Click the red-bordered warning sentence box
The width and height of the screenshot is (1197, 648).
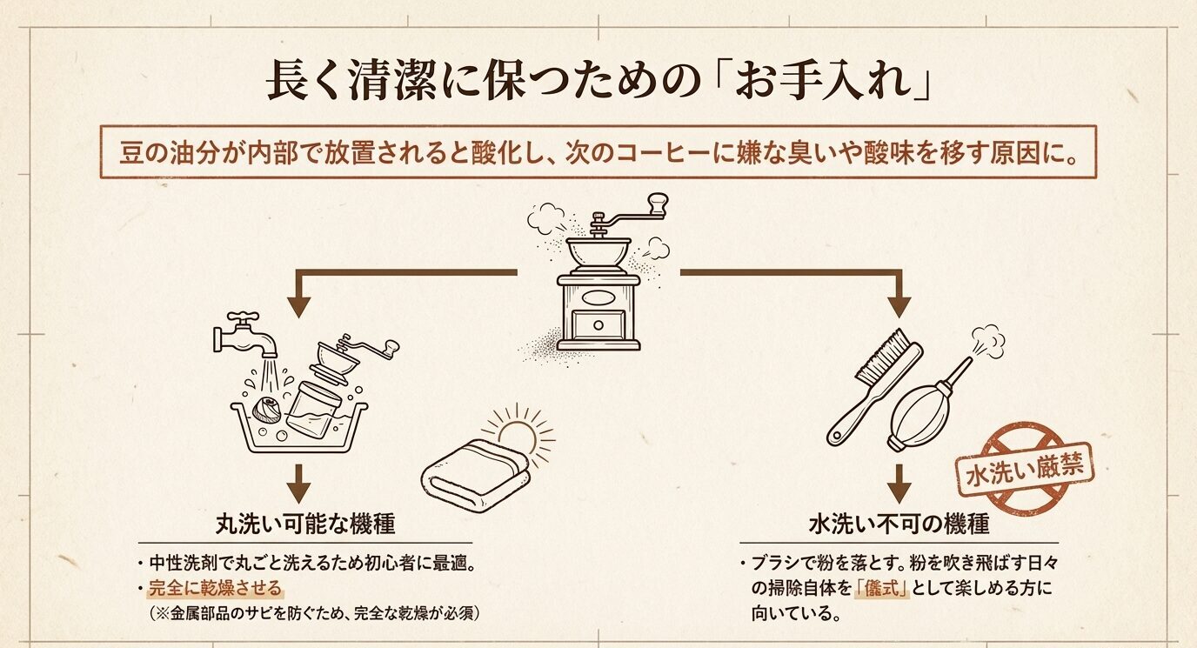(x=598, y=152)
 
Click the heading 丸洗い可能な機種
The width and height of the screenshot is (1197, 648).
(x=305, y=524)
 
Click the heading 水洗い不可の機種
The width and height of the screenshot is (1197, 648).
(x=899, y=524)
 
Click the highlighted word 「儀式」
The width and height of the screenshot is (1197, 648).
(x=881, y=588)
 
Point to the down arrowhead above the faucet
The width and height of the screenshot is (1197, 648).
(x=299, y=305)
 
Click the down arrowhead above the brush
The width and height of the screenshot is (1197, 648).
(x=899, y=305)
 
